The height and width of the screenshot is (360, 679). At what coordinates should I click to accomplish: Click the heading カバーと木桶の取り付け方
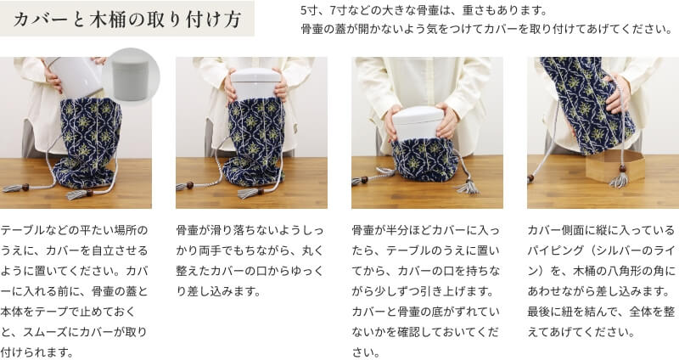click(x=126, y=20)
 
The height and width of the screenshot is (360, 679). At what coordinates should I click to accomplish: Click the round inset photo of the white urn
click(x=131, y=76)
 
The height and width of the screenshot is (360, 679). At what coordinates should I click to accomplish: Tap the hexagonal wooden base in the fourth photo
click(x=614, y=166)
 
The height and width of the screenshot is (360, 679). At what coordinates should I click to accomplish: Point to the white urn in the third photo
click(x=418, y=123)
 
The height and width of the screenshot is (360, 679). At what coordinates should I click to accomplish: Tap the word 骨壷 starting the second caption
click(x=187, y=230)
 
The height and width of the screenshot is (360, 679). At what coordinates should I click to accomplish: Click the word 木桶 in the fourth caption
click(x=584, y=271)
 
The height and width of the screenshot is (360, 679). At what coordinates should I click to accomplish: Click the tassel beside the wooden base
click(x=619, y=178)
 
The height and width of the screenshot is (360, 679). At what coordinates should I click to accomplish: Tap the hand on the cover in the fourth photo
click(x=618, y=94)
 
